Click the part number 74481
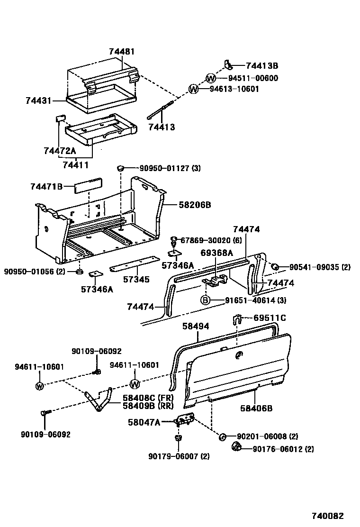122,52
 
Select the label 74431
39,100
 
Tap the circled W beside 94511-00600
211,78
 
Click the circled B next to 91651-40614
205,300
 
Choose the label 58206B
195,205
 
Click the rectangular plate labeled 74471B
87,185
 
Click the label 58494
196,327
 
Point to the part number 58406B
256,408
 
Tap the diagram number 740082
327,516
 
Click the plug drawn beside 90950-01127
121,168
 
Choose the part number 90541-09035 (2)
319,267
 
